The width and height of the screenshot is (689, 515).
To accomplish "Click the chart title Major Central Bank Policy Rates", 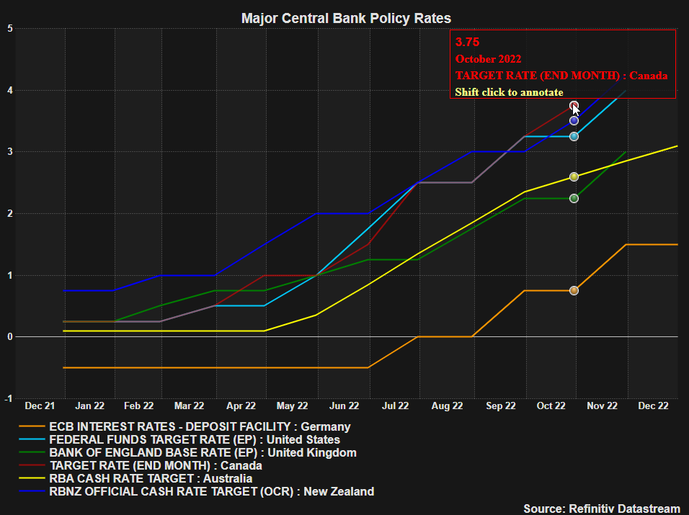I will pyautogui.click(x=346, y=18).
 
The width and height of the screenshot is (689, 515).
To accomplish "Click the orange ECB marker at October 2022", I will pyautogui.click(x=574, y=290).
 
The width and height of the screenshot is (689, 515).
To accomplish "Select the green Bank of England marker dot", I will pyautogui.click(x=574, y=198).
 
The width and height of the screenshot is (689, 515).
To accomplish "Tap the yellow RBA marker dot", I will pyautogui.click(x=574, y=176).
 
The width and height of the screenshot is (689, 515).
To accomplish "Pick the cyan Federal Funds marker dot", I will pyautogui.click(x=574, y=136).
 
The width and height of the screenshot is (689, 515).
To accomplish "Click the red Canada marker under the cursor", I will pyautogui.click(x=574, y=106).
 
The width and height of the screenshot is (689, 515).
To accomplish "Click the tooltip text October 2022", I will pyautogui.click(x=488, y=59).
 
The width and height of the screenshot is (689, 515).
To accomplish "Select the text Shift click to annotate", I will pyautogui.click(x=509, y=92).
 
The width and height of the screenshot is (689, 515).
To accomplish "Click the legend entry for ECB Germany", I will pyautogui.click(x=199, y=426).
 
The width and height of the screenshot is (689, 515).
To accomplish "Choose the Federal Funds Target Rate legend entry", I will pyautogui.click(x=193, y=439).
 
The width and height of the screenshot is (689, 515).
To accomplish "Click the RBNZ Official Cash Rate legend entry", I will pyautogui.click(x=211, y=491).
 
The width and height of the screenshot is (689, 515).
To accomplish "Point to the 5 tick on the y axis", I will pyautogui.click(x=9, y=29).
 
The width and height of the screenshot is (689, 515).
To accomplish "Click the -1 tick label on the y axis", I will pyautogui.click(x=7, y=398).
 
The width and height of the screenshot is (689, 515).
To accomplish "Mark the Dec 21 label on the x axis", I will pyautogui.click(x=39, y=406).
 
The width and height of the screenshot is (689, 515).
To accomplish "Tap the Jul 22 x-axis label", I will pyautogui.click(x=395, y=406).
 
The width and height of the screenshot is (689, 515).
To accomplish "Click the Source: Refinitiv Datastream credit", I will pyautogui.click(x=602, y=509).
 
